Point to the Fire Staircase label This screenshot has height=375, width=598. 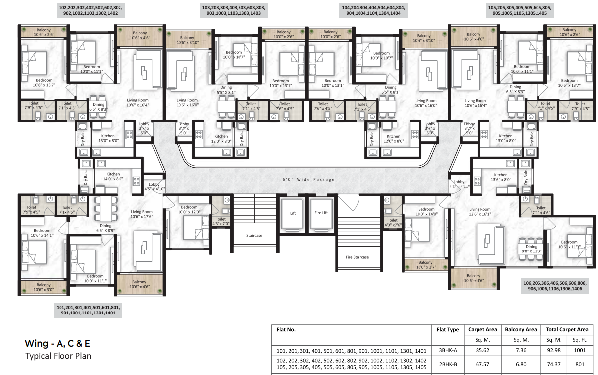[357, 257]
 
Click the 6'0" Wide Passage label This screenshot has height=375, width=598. [308, 179]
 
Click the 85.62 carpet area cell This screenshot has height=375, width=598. [482, 350]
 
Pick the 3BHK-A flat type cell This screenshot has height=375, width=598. [447, 350]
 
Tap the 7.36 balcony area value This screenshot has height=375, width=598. [521, 350]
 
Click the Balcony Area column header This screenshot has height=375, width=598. [521, 329]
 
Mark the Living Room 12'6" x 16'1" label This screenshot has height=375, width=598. [479, 212]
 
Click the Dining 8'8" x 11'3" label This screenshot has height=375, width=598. [531, 249]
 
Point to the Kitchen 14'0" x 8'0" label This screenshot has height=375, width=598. [113, 176]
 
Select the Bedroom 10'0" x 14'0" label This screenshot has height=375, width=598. [426, 212]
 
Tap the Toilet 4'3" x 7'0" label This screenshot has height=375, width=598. [221, 221]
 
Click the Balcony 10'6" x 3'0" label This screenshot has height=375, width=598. [43, 288]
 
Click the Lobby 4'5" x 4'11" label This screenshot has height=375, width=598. [459, 185]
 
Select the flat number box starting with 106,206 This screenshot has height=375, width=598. [554, 286]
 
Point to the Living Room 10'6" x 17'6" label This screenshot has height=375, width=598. [141, 214]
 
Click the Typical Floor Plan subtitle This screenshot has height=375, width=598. [58, 356]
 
